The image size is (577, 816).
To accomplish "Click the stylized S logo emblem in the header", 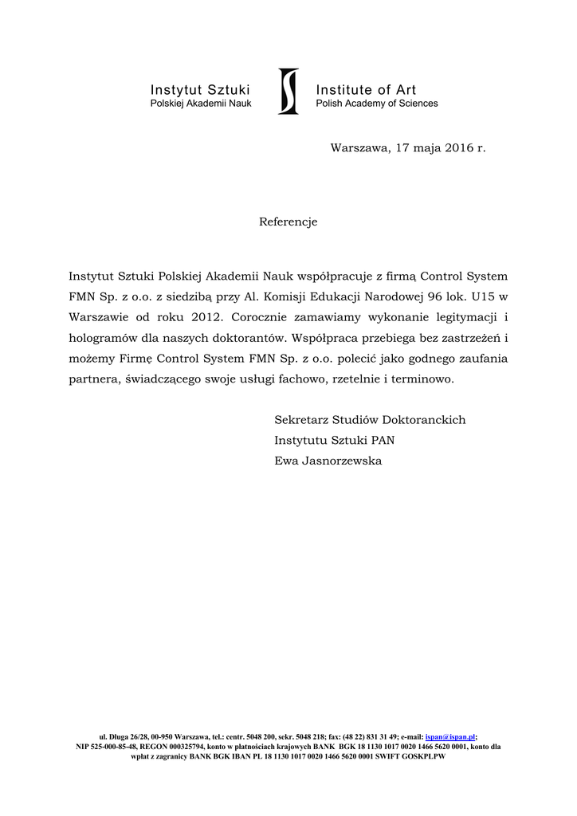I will point(288,91).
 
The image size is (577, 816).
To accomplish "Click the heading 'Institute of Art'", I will point(366,89).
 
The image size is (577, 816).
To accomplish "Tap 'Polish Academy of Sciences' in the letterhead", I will point(376,104).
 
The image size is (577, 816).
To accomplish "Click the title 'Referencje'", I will point(288,222).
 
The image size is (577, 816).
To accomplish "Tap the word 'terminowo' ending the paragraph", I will point(424,379).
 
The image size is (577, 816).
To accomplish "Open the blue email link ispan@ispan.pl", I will point(450,737).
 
